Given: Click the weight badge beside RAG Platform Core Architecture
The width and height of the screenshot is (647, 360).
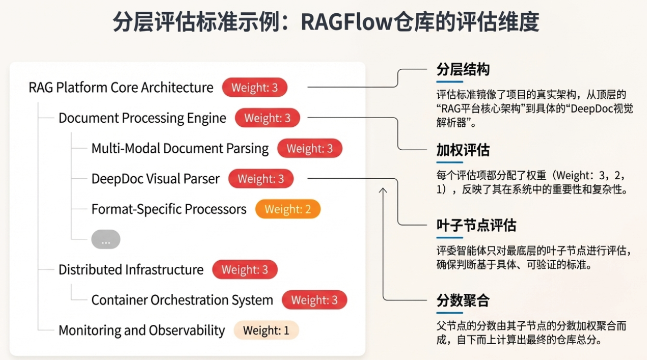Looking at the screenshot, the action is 254,87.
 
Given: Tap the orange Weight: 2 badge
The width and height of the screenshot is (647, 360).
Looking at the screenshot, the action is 288,209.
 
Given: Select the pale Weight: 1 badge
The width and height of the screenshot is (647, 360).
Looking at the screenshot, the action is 266,330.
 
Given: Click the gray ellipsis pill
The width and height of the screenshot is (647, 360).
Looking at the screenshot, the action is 106,239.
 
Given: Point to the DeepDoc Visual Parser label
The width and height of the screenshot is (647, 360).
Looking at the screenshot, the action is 155,179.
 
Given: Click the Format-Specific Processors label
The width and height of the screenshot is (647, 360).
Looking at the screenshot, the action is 169,209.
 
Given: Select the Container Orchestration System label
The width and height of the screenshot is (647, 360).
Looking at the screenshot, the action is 182,300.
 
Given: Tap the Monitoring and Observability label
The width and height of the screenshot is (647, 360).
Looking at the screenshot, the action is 142,330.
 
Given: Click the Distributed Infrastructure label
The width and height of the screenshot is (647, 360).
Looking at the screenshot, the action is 131,270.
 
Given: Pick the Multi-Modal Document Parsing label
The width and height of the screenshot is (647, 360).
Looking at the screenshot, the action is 180,149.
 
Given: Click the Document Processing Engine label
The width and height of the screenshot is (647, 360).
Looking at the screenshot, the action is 143,118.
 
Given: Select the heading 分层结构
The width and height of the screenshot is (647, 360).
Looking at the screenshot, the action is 463,70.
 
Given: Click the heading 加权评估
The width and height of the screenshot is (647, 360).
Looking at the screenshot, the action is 463,150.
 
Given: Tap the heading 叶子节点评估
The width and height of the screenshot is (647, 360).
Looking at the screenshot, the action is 476,225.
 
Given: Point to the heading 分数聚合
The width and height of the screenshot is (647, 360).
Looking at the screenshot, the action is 463,300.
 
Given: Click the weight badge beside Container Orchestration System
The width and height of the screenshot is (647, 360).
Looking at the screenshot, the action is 314,300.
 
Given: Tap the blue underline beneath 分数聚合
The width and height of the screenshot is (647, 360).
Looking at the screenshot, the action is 450,313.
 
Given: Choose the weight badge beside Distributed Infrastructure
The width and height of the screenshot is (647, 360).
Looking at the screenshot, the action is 245,269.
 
